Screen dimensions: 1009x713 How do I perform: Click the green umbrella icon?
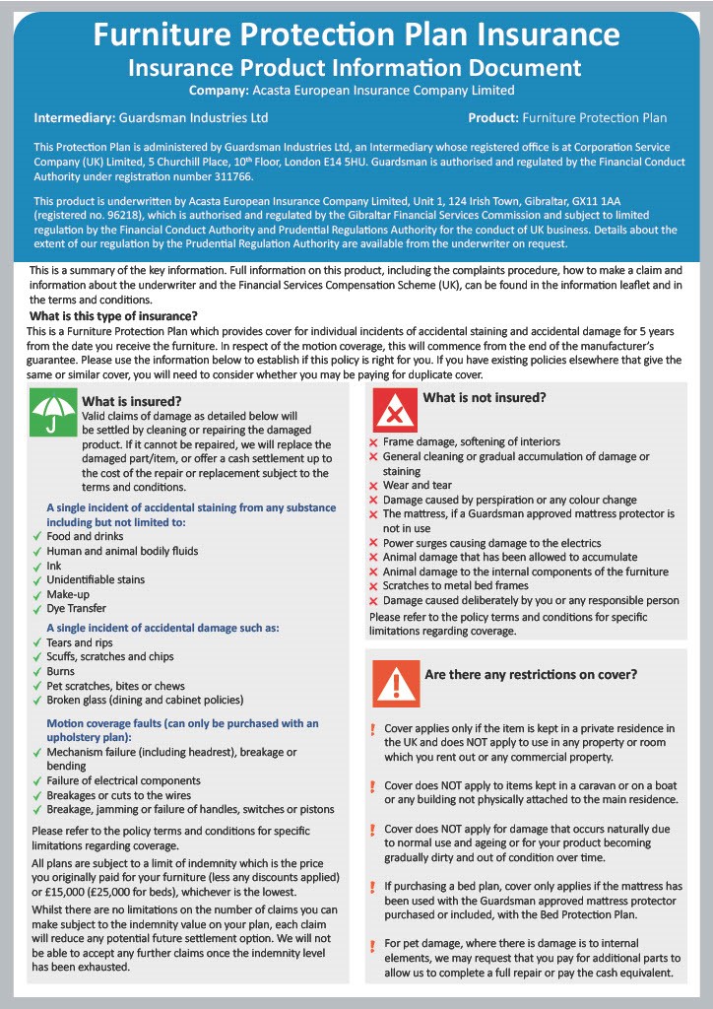51,413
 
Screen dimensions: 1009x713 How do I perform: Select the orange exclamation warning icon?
391,684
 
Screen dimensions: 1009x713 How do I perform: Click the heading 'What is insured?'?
131,401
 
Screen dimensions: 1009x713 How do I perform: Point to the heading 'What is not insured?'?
484,398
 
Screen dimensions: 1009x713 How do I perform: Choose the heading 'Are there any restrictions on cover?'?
530,675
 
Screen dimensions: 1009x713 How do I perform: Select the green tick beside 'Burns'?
37,672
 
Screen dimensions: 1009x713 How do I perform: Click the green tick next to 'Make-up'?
37,595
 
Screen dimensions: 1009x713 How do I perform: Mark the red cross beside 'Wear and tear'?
373,486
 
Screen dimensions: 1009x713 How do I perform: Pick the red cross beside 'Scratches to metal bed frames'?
373,586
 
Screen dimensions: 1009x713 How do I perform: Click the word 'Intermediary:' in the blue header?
74,118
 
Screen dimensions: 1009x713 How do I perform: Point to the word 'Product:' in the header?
493,118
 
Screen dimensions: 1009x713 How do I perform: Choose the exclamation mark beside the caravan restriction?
372,786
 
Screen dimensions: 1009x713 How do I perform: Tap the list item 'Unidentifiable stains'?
96,580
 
